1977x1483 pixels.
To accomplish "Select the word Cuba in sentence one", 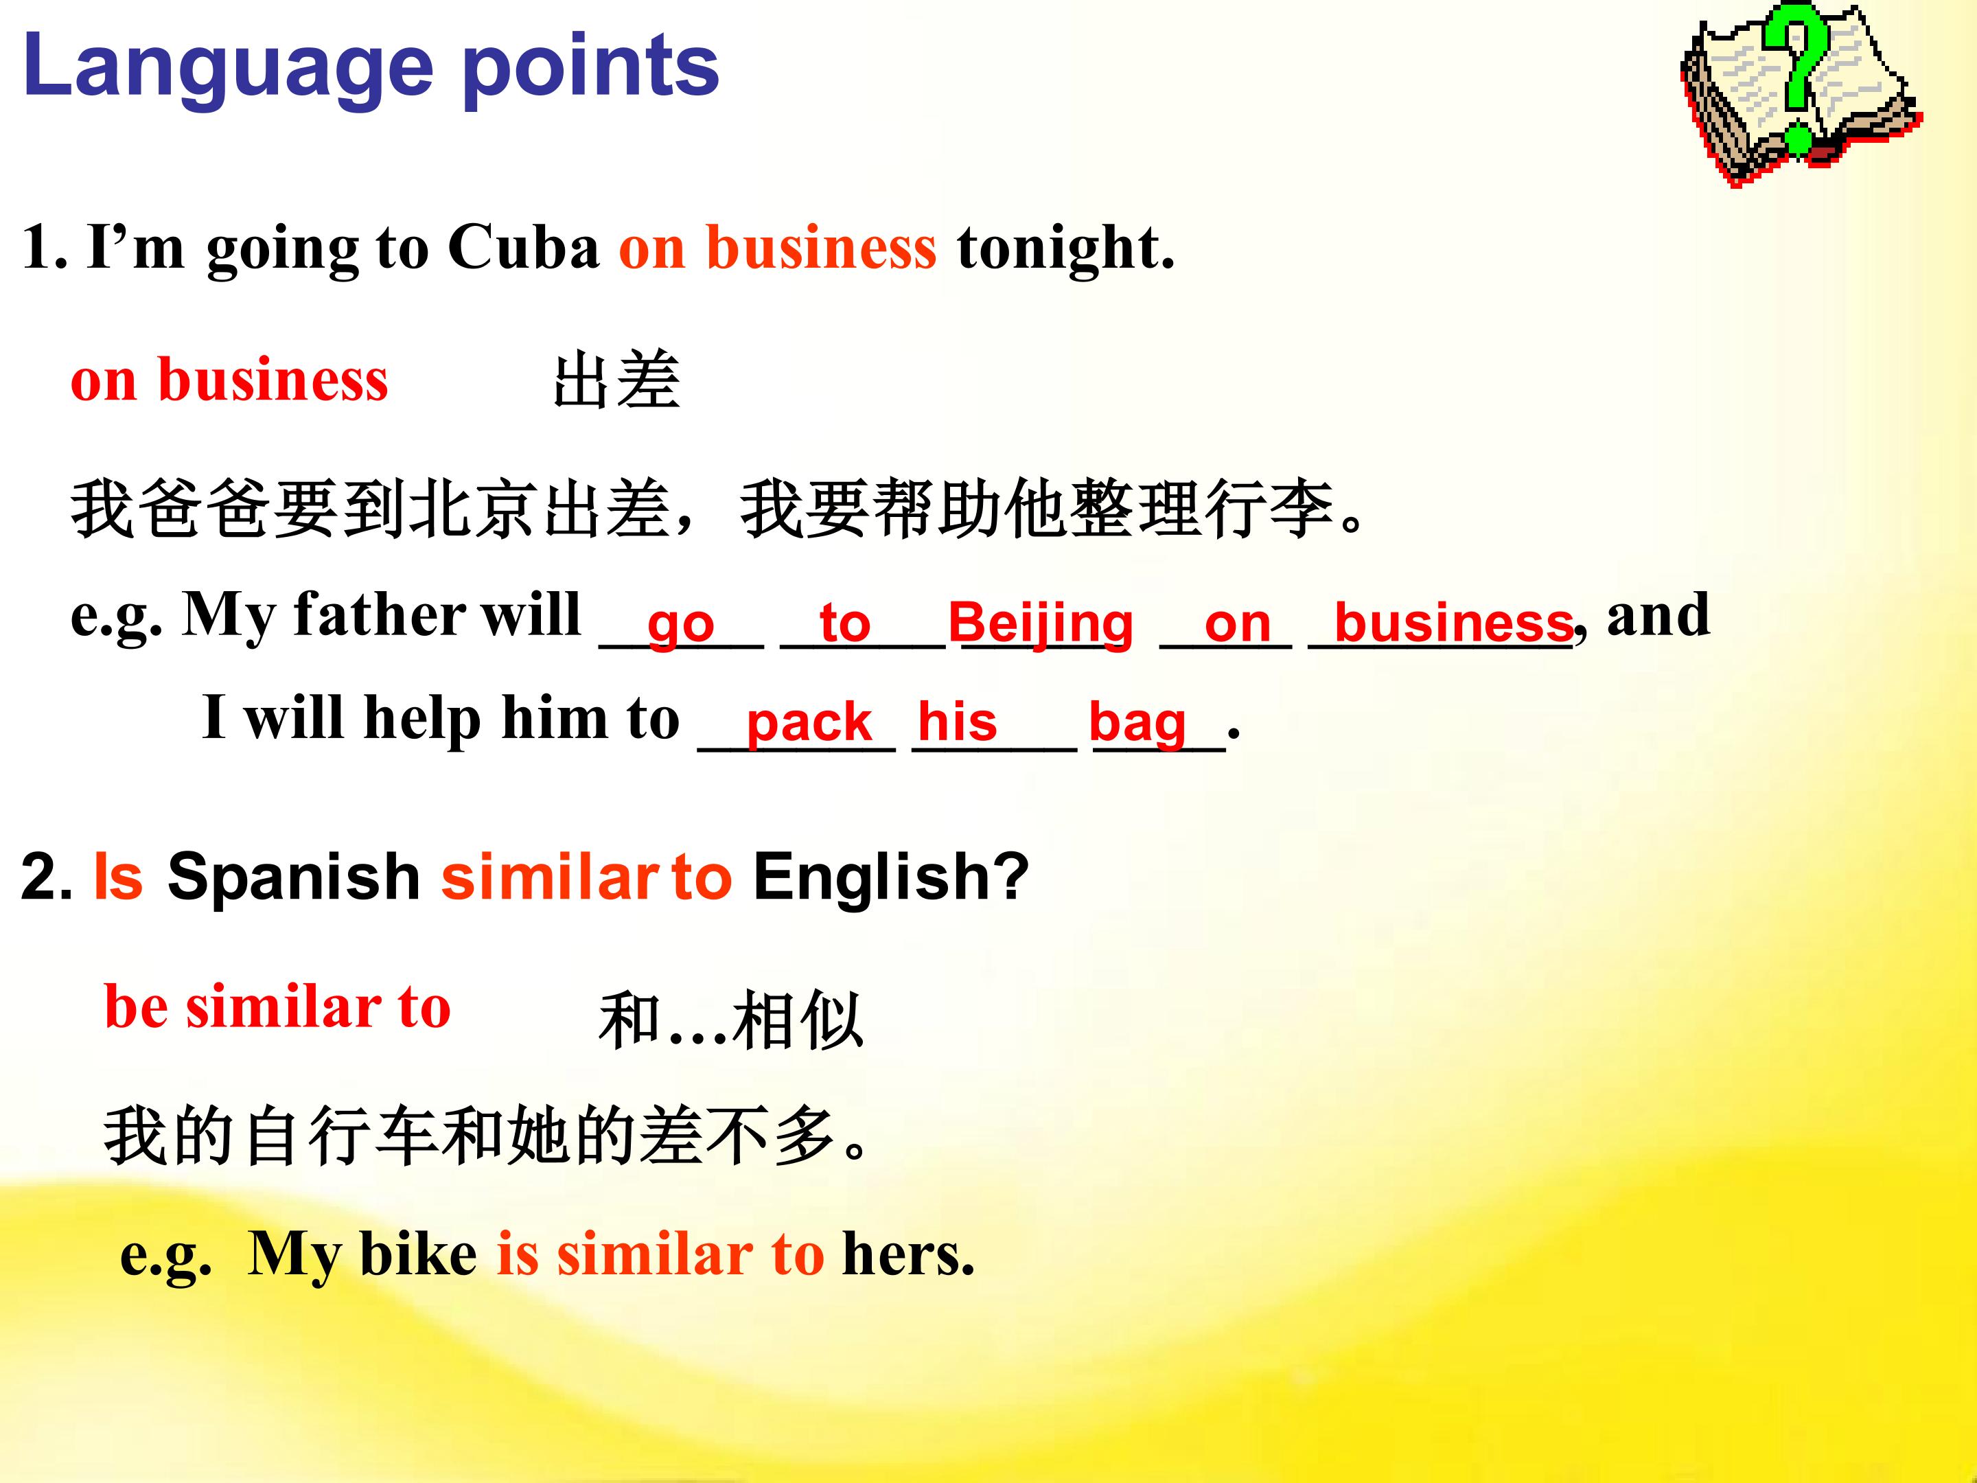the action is click(x=524, y=246).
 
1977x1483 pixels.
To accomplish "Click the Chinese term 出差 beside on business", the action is click(x=616, y=381).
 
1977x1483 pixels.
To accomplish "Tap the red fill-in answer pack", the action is click(x=809, y=722).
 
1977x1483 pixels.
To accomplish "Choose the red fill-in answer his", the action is click(x=957, y=720).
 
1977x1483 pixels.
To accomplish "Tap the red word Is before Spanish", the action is click(x=118, y=876).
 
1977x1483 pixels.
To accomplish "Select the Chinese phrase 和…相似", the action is click(x=731, y=1020).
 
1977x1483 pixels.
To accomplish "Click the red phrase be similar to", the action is click(x=277, y=1007).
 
